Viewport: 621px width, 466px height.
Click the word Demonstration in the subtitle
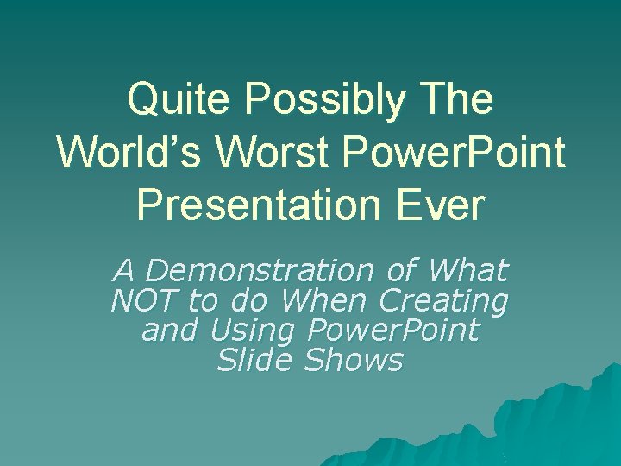260,271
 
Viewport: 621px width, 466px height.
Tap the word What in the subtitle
467,271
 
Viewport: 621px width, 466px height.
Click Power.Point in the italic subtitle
392,331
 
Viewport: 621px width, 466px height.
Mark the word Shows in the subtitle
354,361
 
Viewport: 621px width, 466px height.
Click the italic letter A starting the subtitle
124,271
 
